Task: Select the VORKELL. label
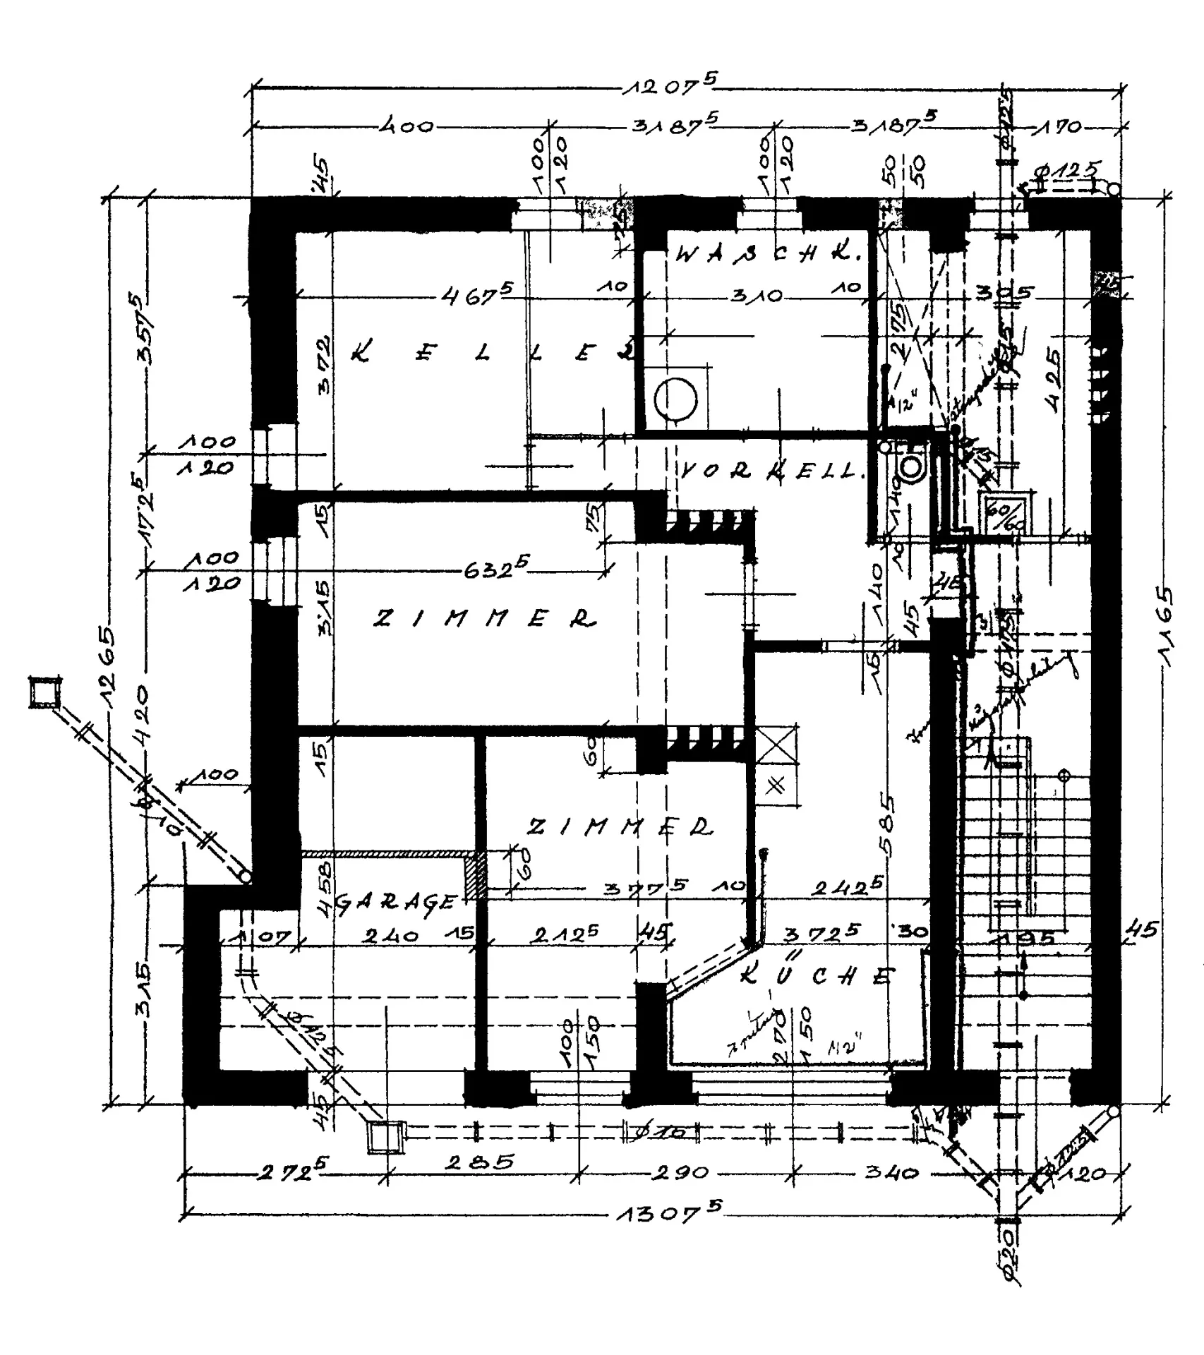point(773,471)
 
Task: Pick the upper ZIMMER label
point(484,619)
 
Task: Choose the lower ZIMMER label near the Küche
point(621,826)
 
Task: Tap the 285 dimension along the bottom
point(480,1162)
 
